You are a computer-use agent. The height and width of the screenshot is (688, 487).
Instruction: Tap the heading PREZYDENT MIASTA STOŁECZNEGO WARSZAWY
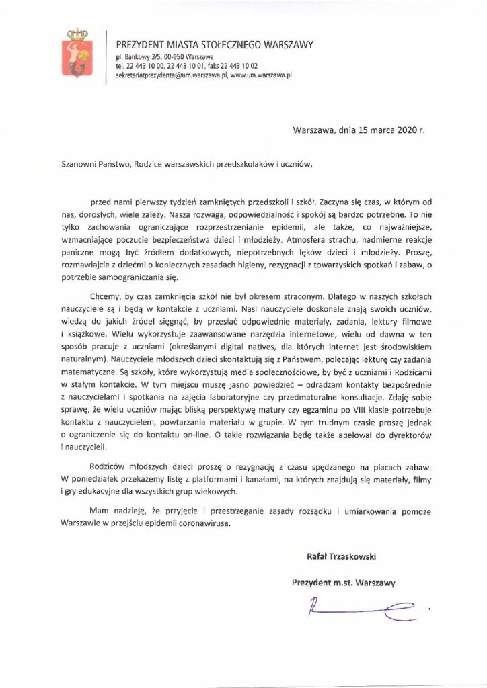click(x=215, y=45)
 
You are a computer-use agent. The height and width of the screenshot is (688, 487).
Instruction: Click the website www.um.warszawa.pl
click(x=260, y=75)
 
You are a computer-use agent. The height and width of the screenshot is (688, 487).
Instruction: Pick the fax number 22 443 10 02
click(x=248, y=67)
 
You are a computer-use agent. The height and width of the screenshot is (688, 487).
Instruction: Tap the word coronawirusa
click(x=200, y=525)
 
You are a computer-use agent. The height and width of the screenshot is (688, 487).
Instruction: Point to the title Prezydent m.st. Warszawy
click(x=342, y=580)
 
